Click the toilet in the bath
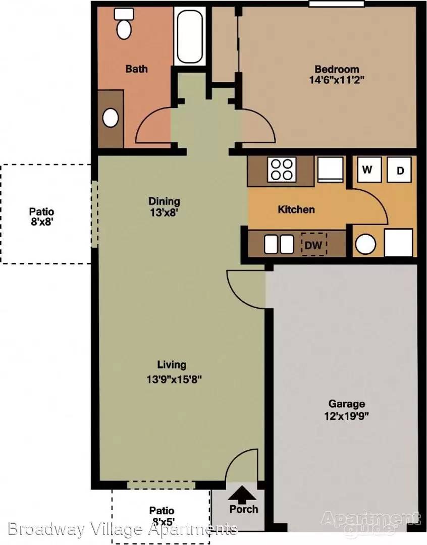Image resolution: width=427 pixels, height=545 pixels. pyautogui.click(x=124, y=24)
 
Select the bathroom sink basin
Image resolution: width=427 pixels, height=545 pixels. pyautogui.click(x=111, y=118)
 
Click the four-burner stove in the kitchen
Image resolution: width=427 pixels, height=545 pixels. pyautogui.click(x=282, y=169)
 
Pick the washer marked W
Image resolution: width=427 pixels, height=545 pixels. pyautogui.click(x=367, y=169)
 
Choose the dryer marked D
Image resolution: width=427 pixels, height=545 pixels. pyautogui.click(x=400, y=170)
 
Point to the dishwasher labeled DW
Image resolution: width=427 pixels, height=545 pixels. pyautogui.click(x=313, y=244)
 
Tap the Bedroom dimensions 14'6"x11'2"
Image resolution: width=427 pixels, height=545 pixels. pyautogui.click(x=337, y=80)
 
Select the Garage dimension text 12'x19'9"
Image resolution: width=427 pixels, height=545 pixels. pyautogui.click(x=346, y=416)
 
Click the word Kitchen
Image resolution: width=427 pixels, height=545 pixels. pyautogui.click(x=296, y=209)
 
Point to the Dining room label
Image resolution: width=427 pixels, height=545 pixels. pyautogui.click(x=164, y=201)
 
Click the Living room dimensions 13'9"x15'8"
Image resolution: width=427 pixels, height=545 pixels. pyautogui.click(x=174, y=379)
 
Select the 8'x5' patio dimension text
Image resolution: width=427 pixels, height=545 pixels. pyautogui.click(x=162, y=521)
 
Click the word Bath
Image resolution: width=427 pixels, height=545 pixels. pyautogui.click(x=136, y=69)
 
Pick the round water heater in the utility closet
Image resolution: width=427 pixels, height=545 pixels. pyautogui.click(x=366, y=244)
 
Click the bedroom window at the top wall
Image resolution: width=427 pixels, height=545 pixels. pyautogui.click(x=337, y=4)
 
